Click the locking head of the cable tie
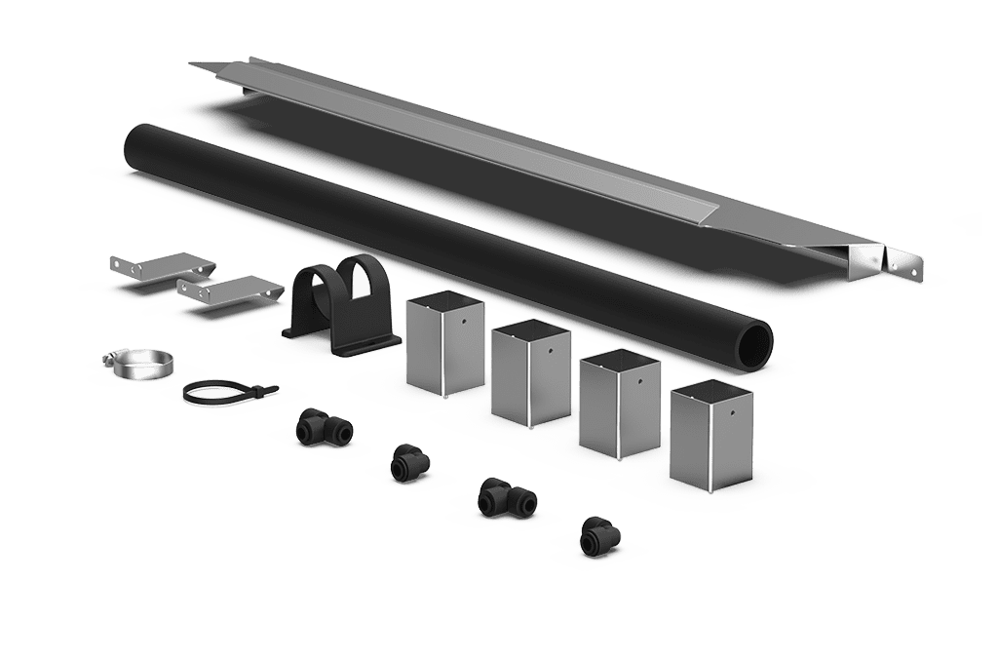point(266,388)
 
